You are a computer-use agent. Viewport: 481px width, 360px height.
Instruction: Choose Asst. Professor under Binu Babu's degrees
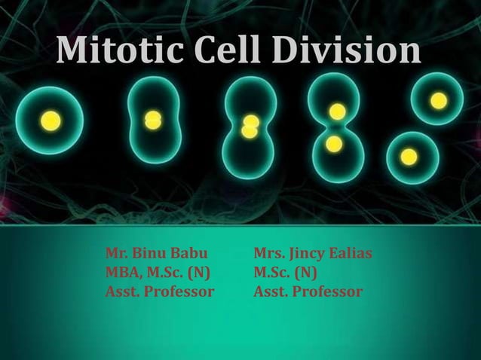(159, 291)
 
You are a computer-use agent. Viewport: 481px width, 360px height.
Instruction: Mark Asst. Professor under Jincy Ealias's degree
(308, 291)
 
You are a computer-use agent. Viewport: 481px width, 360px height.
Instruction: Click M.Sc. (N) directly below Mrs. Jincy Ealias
(285, 272)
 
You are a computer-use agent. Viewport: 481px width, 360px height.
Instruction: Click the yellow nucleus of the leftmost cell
(51, 121)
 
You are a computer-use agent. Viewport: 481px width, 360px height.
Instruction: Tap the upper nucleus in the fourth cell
(338, 112)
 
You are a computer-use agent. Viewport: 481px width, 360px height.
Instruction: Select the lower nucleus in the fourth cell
(334, 144)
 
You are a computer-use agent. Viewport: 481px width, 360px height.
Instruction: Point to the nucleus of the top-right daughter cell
(439, 101)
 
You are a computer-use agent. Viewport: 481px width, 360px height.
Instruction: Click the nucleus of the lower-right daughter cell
(409, 157)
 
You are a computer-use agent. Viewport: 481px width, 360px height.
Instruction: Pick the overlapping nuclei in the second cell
(153, 120)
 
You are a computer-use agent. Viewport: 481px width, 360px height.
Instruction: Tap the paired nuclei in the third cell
(250, 127)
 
